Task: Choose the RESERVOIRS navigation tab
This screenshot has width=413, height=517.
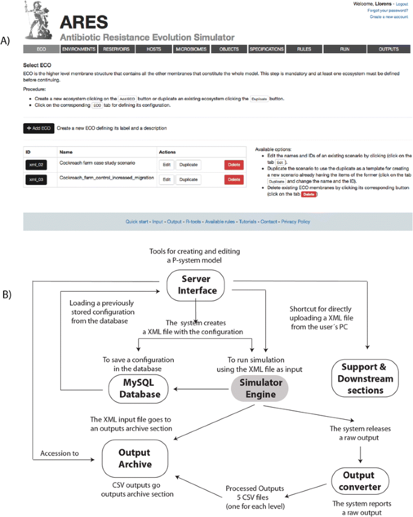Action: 116,49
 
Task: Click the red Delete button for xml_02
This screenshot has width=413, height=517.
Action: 234,164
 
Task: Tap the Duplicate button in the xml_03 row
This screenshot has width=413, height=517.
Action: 188,179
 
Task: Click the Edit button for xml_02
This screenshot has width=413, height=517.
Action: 167,164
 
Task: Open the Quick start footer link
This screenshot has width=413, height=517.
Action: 137,222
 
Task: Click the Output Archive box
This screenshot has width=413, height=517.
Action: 134,458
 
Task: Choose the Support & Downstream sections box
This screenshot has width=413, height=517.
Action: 366,379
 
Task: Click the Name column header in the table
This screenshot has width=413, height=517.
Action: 66,152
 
